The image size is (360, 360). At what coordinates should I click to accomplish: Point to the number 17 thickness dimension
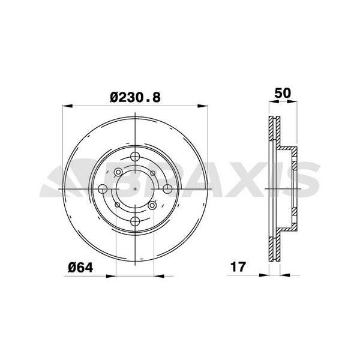coord(238,267)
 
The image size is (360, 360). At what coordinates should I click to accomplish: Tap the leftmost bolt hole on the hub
coord(103,188)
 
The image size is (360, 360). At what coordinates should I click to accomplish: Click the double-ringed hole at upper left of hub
coord(118,173)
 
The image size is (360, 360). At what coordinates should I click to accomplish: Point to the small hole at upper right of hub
coord(154,173)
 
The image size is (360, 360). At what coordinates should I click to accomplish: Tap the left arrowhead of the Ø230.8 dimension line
coord(67,107)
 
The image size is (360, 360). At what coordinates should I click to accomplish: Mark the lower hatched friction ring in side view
coord(274,246)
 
